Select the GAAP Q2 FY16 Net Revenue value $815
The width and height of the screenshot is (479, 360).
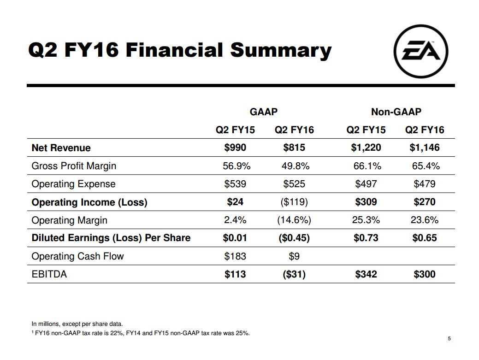pyautogui.click(x=294, y=148)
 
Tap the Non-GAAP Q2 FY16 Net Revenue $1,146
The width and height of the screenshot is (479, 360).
pyautogui.click(x=424, y=148)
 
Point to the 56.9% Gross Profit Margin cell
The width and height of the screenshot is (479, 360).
pyautogui.click(x=237, y=166)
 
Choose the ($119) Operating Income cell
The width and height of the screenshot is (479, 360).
pyautogui.click(x=294, y=202)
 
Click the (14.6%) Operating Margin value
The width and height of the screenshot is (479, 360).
pyautogui.click(x=294, y=220)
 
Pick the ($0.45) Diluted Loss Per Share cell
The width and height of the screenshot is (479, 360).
pyautogui.click(x=294, y=238)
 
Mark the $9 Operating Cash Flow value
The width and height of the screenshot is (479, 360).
pyautogui.click(x=294, y=256)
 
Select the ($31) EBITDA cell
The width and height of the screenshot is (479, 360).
pyautogui.click(x=294, y=274)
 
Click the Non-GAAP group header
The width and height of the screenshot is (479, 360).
pyautogui.click(x=396, y=112)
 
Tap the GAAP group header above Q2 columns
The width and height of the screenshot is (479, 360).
pyautogui.click(x=264, y=112)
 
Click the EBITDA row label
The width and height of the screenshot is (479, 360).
pyautogui.click(x=49, y=274)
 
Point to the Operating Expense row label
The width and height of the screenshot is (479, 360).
pyautogui.click(x=73, y=184)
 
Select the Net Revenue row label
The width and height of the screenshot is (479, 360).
pyautogui.click(x=61, y=148)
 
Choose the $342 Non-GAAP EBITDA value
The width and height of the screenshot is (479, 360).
pyautogui.click(x=366, y=274)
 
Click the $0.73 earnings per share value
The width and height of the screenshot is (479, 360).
pyautogui.click(x=366, y=238)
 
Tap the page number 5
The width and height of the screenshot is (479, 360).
pyautogui.click(x=449, y=339)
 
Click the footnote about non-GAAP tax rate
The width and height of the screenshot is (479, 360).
pyautogui.click(x=141, y=333)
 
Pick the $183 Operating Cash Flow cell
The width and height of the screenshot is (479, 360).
pyautogui.click(x=235, y=256)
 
